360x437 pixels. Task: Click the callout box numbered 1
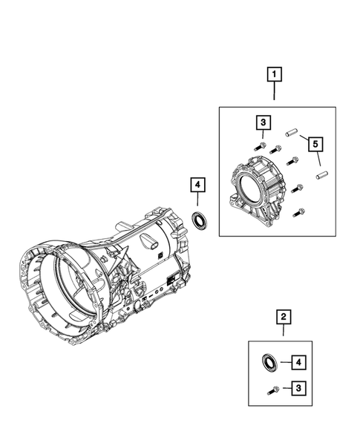pyautogui.click(x=275, y=74)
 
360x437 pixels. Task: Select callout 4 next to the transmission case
pyautogui.click(x=197, y=184)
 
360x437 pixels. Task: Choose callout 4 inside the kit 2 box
pyautogui.click(x=298, y=362)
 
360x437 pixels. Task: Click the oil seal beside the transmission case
pyautogui.click(x=199, y=218)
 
